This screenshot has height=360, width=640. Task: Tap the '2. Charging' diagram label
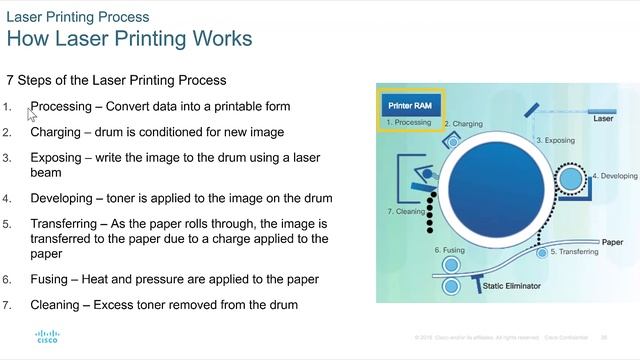pos(462,124)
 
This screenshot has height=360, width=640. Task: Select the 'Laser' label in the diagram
pos(603,118)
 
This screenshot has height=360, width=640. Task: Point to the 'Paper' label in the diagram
pos(612,242)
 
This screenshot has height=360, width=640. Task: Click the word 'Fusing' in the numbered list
pos(52,278)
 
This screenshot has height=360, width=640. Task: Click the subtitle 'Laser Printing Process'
pos(79,17)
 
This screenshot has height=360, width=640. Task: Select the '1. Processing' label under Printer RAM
pos(408,122)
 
